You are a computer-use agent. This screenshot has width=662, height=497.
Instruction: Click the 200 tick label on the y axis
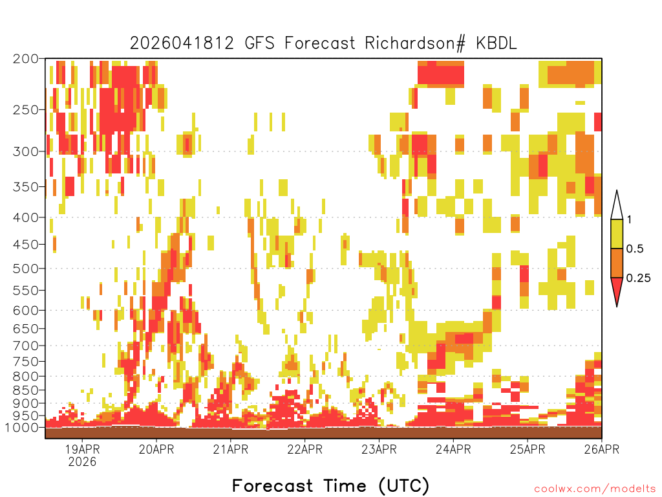tap(25, 59)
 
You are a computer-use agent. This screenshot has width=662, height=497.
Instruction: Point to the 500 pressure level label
tap(25, 269)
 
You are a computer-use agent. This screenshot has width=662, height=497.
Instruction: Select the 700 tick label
tap(25, 346)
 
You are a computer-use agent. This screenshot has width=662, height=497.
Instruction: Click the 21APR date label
tap(231, 449)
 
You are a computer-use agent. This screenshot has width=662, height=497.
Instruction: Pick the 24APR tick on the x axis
tap(453, 449)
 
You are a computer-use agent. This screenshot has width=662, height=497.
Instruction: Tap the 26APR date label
tap(602, 449)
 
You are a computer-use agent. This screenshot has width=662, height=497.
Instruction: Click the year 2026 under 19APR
tap(82, 461)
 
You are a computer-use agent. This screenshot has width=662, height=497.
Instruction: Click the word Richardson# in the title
tap(415, 43)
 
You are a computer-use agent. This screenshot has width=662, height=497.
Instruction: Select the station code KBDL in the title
tap(496, 43)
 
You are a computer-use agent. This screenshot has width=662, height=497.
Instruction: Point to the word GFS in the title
tap(259, 43)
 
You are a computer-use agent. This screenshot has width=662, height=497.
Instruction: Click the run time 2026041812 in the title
tap(182, 43)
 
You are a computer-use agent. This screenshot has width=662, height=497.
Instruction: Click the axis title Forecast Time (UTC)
tap(330, 485)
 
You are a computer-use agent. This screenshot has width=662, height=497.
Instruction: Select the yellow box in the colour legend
tap(617, 234)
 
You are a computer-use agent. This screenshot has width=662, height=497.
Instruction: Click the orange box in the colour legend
tap(617, 263)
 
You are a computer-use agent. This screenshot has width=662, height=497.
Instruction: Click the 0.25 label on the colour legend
tap(638, 278)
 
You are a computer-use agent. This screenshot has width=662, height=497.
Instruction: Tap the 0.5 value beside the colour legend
tap(635, 248)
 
